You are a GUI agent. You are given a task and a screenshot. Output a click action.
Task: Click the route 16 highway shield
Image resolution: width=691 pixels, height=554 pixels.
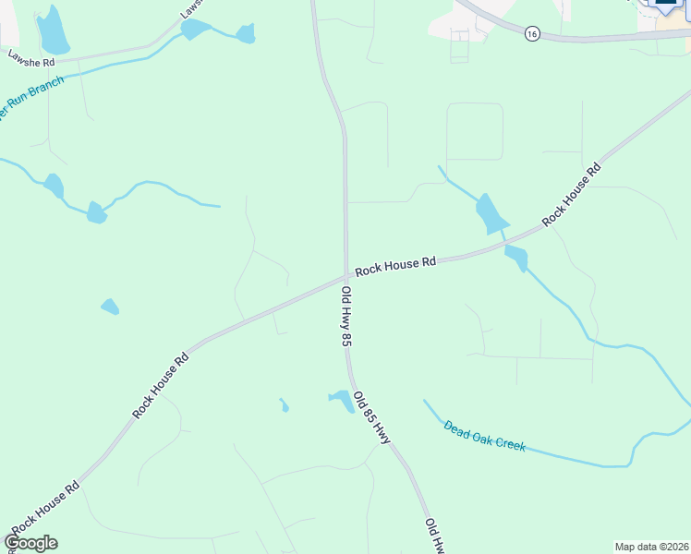(531, 33)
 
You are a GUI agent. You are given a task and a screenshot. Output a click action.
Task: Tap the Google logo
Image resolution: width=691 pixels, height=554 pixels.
(30, 542)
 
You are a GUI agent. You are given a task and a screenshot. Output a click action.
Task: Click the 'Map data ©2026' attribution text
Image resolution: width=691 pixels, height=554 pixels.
(652, 547)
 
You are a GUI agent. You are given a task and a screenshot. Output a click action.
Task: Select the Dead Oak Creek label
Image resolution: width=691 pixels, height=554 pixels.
(484, 435)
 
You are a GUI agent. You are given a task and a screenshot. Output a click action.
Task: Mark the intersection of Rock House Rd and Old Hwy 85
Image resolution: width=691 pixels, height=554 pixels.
(346, 275)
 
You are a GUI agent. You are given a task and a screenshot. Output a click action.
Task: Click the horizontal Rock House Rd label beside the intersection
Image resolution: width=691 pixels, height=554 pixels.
(395, 266)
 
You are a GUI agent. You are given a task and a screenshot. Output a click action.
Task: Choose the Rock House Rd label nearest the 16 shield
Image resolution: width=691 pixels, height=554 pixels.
(571, 195)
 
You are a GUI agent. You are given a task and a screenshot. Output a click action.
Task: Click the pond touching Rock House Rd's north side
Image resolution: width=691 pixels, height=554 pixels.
(491, 214)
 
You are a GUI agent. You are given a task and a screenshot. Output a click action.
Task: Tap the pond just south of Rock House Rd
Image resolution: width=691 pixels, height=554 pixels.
(515, 258)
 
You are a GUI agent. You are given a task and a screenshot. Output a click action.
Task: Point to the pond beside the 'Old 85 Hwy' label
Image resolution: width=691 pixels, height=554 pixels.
(342, 399)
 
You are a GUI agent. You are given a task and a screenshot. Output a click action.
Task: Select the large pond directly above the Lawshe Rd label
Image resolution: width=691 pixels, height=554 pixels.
(52, 31)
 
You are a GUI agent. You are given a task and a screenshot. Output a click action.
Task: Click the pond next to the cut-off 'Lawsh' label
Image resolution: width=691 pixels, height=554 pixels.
(195, 29)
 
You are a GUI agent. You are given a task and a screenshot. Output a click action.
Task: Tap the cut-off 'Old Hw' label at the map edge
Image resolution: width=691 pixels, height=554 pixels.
(434, 536)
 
